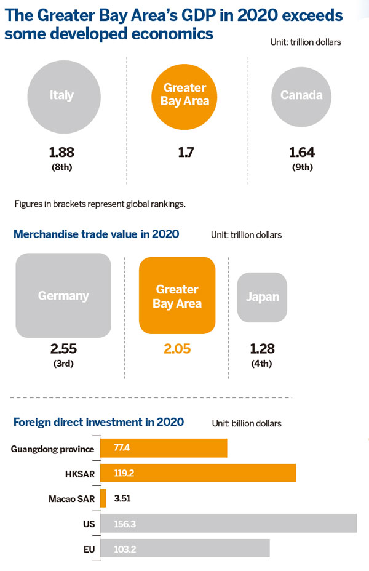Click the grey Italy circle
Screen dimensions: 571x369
pyautogui.click(x=61, y=95)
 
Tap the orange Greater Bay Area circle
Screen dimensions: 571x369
pyautogui.click(x=185, y=95)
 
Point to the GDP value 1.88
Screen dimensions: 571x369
pyautogui.click(x=61, y=152)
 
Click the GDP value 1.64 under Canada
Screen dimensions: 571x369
pyautogui.click(x=302, y=152)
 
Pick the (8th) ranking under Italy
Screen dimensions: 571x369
pyautogui.click(x=61, y=166)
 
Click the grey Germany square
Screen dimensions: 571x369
pyautogui.click(x=63, y=295)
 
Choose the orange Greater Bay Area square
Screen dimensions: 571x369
pyautogui.click(x=177, y=295)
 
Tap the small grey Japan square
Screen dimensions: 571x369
pyautogui.click(x=262, y=297)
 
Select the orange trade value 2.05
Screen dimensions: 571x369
pyautogui.click(x=177, y=349)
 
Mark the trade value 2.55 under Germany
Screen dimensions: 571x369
pyautogui.click(x=63, y=349)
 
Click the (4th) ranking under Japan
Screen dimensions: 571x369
pyautogui.click(x=262, y=363)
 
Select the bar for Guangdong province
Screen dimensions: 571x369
pyautogui.click(x=164, y=448)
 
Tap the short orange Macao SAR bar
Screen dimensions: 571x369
pyautogui.click(x=103, y=498)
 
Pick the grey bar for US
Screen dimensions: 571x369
pyautogui.click(x=228, y=523)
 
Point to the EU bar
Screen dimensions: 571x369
pyautogui.click(x=184, y=548)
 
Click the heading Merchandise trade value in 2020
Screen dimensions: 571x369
pyautogui.click(x=96, y=234)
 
